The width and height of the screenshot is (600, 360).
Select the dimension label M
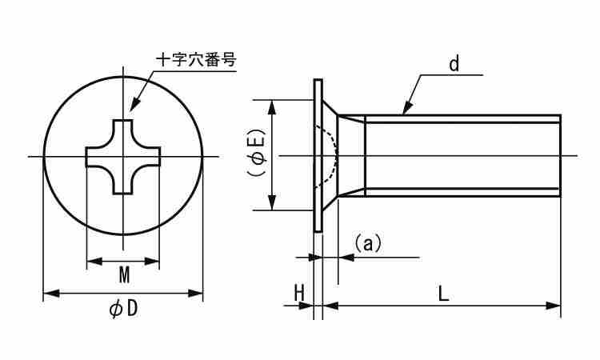click(124, 275)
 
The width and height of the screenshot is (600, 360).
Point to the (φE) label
click(258, 154)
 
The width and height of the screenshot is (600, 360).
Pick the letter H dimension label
click(299, 293)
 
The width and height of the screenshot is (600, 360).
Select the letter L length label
click(443, 293)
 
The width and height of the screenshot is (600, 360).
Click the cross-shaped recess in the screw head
click(123, 156)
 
